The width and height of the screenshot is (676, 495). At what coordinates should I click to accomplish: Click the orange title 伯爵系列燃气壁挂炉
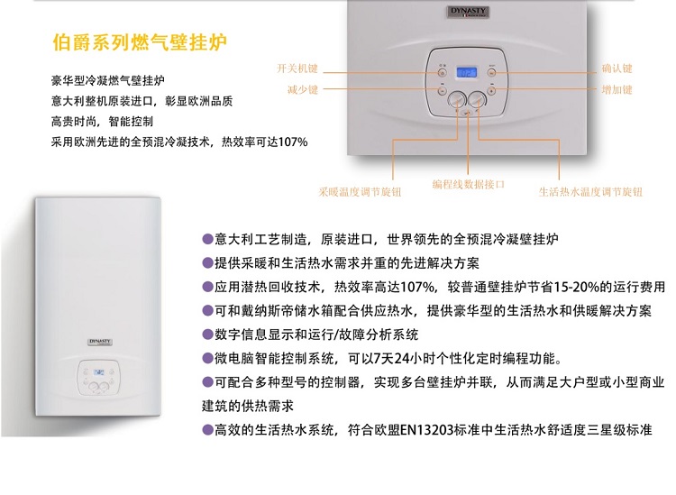pos(140,42)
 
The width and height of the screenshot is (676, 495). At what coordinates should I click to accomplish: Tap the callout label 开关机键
pos(297,69)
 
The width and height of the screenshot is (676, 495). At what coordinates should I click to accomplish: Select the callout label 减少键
pos(303,89)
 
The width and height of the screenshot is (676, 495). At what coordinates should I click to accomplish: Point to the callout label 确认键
pos(617,69)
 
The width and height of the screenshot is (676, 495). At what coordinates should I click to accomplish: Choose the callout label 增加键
pos(617,89)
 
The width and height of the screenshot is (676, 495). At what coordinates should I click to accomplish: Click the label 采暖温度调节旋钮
pos(360,192)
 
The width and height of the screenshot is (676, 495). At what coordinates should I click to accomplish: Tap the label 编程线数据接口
pos(469,185)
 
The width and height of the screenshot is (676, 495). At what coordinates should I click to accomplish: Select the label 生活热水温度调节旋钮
pos(590,192)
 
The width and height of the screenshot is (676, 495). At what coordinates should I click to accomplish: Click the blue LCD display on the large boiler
pos(467,72)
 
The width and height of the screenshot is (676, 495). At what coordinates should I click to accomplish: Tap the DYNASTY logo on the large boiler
pos(468,12)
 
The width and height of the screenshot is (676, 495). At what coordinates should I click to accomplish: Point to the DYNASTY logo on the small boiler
pos(100,342)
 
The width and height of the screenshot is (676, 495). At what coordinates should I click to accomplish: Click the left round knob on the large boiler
pos(457,100)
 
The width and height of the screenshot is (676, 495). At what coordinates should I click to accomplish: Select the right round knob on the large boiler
pos(477,100)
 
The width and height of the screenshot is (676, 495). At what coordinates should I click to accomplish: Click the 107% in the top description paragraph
pos(293,142)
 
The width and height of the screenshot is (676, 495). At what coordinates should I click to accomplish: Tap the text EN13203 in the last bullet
pos(427,430)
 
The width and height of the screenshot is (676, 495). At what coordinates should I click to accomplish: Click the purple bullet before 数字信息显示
pos(208,335)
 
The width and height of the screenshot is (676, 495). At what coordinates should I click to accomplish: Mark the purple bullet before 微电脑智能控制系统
pos(208,358)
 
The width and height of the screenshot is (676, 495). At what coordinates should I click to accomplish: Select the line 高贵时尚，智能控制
pos(102,122)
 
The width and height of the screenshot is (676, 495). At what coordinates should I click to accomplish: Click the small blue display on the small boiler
pos(99,372)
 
